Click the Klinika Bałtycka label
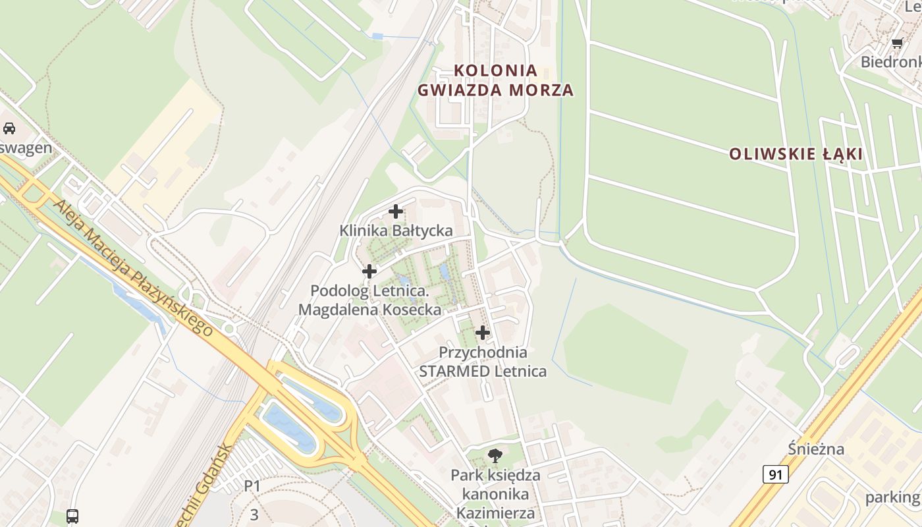(x=396, y=231)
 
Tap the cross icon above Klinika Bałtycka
(x=396, y=211)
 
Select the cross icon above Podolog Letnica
(x=369, y=271)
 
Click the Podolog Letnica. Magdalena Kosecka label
(x=369, y=300)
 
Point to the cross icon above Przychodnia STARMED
(x=483, y=333)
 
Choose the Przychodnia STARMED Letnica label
(x=483, y=362)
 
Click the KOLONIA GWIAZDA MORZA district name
(x=496, y=80)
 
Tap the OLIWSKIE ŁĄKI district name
(x=796, y=154)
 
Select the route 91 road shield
(x=776, y=474)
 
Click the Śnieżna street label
(x=816, y=449)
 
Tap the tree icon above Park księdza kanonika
(x=495, y=455)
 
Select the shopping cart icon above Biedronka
(x=897, y=43)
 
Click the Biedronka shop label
(x=892, y=62)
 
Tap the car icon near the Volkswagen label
(x=9, y=128)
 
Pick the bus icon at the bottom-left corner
(x=72, y=516)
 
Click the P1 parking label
(x=252, y=487)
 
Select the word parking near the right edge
(x=892, y=497)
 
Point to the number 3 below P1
(x=254, y=514)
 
